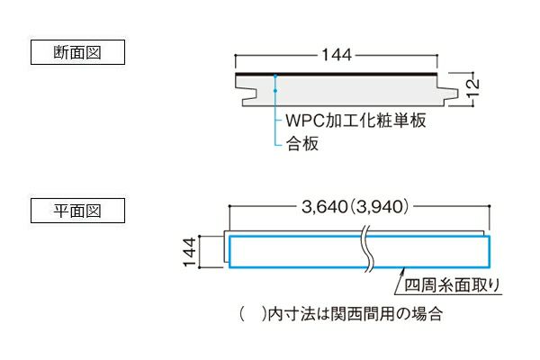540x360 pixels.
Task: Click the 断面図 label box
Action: point(76,52)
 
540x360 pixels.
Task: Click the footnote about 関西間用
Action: point(342,316)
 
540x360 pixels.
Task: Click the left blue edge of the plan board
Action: point(230,251)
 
